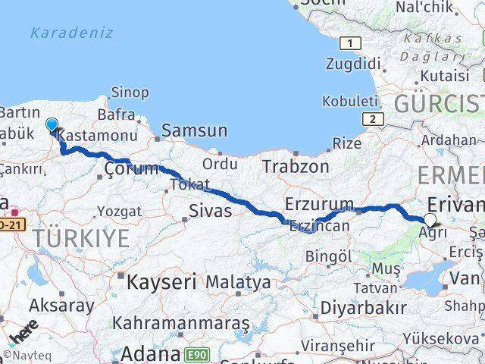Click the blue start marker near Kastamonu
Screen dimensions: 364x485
52,125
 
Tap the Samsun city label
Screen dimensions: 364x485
194,130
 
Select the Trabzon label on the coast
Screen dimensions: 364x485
296,166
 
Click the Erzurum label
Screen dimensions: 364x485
319,204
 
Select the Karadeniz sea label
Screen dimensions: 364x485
71,33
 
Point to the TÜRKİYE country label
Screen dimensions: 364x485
81,239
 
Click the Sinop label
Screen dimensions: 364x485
130,93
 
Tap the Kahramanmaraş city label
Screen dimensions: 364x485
180,323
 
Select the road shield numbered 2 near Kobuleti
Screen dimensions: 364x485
372,119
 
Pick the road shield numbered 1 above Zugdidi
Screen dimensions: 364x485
349,43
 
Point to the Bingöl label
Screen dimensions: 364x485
333,257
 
